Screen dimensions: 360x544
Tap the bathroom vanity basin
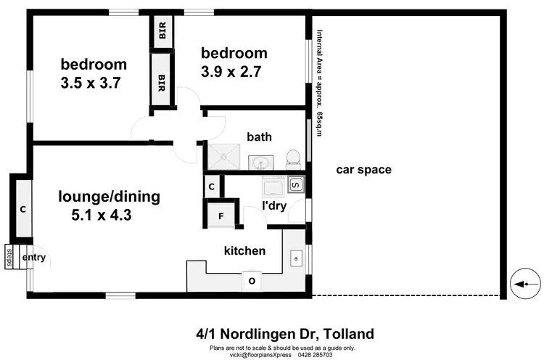260,161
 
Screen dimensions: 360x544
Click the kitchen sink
296,256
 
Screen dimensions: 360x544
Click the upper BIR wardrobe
163,31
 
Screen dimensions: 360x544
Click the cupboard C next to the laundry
211,187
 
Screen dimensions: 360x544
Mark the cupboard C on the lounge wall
23,210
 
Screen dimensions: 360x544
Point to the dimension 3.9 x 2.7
231,71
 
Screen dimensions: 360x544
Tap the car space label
363,170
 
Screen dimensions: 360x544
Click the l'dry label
273,206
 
